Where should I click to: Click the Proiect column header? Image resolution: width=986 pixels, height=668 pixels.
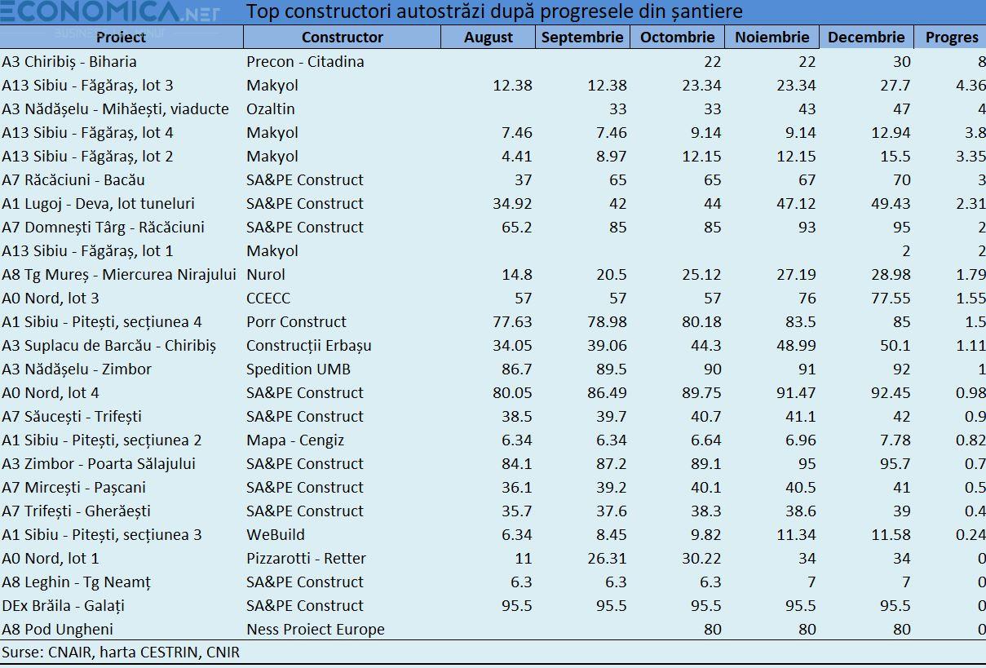pos(121,37)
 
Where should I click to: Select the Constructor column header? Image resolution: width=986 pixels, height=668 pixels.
pos(342,37)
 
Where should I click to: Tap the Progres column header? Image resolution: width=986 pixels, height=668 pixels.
pos(951,37)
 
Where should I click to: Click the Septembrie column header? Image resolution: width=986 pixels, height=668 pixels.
pos(582,37)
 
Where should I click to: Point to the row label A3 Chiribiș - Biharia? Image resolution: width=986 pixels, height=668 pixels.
pos(69,62)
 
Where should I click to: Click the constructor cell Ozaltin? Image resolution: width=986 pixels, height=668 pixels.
pos(271,109)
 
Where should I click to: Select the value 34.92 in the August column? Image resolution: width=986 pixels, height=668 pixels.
pos(512,204)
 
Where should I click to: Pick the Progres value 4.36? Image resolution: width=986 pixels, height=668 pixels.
pos(971,86)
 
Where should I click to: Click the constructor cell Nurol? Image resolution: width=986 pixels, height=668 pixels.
pos(266,275)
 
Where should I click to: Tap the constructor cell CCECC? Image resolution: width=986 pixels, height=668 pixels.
pos(268,299)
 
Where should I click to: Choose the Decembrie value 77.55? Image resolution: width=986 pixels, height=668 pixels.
pos(891,299)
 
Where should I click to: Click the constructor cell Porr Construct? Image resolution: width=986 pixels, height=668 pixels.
pos(296,322)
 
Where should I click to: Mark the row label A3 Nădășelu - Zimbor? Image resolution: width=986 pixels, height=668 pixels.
pos(77,369)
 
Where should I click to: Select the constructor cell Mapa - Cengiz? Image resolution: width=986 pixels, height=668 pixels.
pos(295,440)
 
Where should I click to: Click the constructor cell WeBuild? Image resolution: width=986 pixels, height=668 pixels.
pos(276,535)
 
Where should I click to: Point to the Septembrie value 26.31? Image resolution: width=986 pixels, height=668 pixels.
pos(607,559)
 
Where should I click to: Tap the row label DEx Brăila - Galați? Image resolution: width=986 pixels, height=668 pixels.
pos(63,606)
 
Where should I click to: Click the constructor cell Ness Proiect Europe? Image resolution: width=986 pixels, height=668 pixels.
pos(315,630)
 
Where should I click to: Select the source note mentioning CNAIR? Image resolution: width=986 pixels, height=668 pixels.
pos(121,653)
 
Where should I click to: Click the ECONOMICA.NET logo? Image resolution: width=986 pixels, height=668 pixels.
pos(110,12)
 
